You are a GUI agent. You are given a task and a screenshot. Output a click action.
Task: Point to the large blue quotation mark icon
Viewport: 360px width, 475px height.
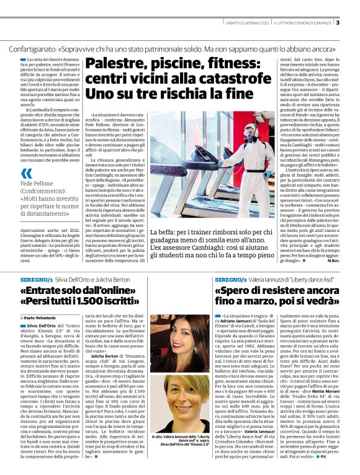click(x=25, y=175)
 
